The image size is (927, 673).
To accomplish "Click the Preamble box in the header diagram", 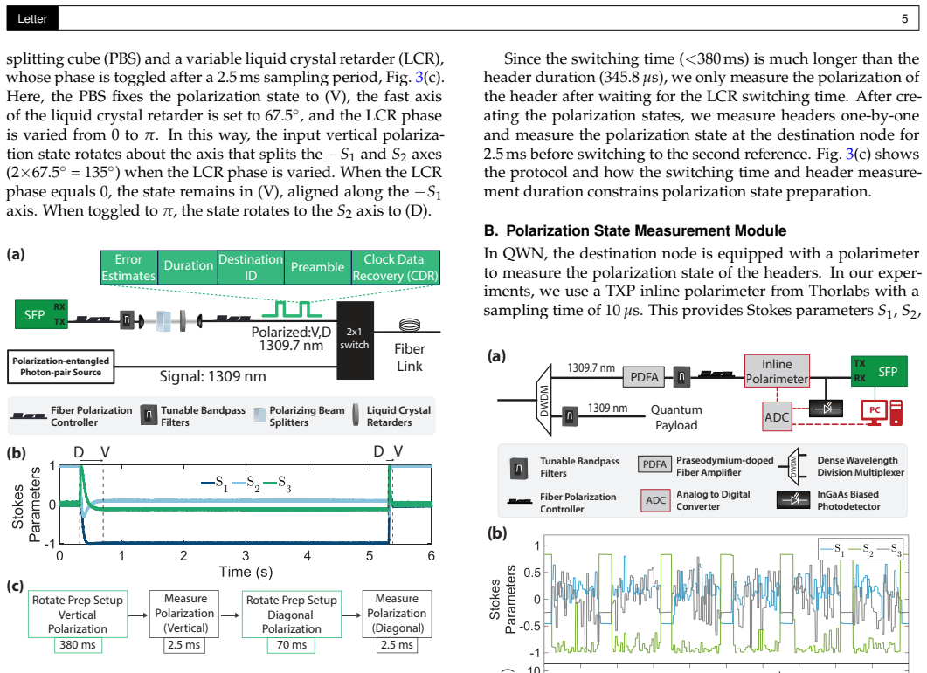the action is click(x=317, y=267).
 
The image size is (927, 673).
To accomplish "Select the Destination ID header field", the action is click(x=251, y=267).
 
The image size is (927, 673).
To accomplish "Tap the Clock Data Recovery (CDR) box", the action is click(x=396, y=267).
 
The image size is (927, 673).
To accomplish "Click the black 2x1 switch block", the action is click(x=355, y=340).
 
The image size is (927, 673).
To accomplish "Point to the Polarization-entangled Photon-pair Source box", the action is click(x=61, y=367).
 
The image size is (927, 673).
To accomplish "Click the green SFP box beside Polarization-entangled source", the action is click(x=41, y=314).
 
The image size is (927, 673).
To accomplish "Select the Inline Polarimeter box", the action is click(x=777, y=371).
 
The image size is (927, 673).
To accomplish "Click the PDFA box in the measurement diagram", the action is click(x=644, y=377).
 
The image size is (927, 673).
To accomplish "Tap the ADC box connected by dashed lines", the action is click(x=776, y=416).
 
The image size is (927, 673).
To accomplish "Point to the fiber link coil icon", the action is click(x=410, y=324).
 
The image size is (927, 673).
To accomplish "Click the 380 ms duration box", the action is click(x=78, y=645).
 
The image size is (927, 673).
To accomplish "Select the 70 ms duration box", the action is click(x=292, y=645).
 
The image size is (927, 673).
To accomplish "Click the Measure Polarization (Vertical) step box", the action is click(x=184, y=614).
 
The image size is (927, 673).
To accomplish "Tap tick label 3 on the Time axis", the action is click(x=246, y=555).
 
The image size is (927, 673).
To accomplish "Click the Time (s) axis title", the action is click(x=246, y=572).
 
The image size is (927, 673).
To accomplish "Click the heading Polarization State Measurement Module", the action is click(x=647, y=230).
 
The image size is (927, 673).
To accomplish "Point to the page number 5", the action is click(x=904, y=19).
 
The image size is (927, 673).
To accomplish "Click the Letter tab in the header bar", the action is click(x=32, y=19).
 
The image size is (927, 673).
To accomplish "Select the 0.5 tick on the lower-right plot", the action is click(x=532, y=572).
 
